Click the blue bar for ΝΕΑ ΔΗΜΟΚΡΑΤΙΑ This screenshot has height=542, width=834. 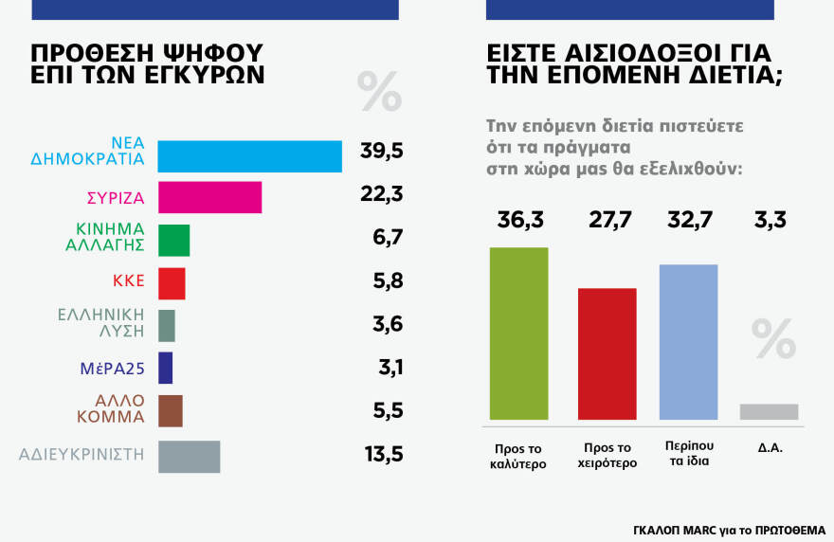[x=249, y=156]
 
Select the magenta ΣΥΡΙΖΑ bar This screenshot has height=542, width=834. [x=208, y=197]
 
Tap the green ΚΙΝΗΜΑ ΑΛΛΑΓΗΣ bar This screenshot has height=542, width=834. [x=173, y=241]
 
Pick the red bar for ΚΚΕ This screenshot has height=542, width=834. [x=172, y=283]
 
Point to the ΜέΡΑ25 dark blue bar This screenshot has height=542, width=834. [x=165, y=368]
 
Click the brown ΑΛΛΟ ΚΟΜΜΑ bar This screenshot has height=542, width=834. [x=170, y=410]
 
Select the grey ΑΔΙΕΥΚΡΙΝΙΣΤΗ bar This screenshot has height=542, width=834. [x=189, y=456]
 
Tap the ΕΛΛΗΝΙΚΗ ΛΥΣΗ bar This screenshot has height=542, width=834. [x=166, y=325]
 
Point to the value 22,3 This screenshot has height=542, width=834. [x=382, y=194]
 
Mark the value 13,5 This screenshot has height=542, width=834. [x=383, y=454]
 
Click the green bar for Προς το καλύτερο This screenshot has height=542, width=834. [x=518, y=333]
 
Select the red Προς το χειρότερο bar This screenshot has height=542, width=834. [x=607, y=352]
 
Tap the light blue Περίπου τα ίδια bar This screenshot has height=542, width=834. [x=688, y=341]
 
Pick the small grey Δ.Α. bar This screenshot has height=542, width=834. [x=769, y=411]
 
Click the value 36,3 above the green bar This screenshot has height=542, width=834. [x=518, y=221]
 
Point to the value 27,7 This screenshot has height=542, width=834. [x=607, y=221]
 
